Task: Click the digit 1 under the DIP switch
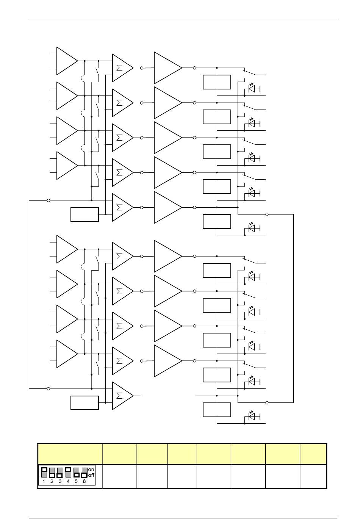coord(44,482)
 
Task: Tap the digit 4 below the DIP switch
coord(68,482)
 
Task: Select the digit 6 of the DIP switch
coord(84,482)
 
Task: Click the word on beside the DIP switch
coord(91,470)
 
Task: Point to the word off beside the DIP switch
coord(91,475)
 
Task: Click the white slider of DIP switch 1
coord(44,470)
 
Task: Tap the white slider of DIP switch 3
coord(60,475)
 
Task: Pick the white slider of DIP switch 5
coord(76,475)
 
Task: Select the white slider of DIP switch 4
coord(68,470)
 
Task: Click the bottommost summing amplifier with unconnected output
coord(122,396)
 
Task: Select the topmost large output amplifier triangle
coord(167,68)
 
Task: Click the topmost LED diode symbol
coord(252,89)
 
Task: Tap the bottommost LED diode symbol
coord(252,416)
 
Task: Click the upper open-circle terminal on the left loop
coord(49,200)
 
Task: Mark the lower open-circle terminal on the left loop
coord(49,388)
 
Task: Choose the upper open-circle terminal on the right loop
coord(267,214)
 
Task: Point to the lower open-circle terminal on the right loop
coord(267,402)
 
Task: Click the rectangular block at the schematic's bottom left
coord(85,402)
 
